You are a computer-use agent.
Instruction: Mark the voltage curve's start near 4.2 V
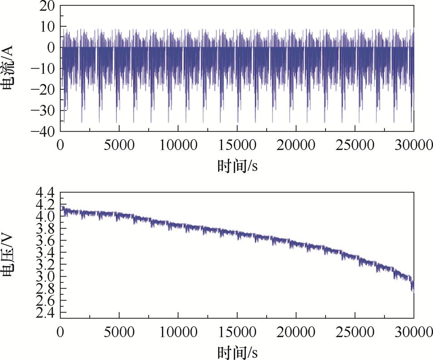(x=62, y=206)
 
